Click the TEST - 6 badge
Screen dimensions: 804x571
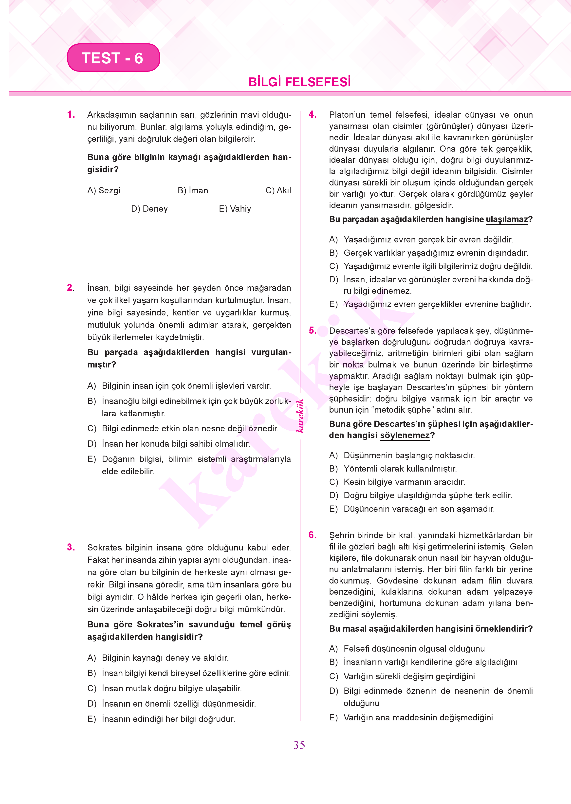tap(113, 58)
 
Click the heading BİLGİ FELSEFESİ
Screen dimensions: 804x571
tap(300, 82)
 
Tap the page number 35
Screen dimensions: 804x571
tap(299, 745)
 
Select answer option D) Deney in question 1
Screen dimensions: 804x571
tap(149, 209)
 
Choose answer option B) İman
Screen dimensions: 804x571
tap(193, 191)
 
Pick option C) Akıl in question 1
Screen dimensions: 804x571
tap(278, 191)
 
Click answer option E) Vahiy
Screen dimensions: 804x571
tap(235, 209)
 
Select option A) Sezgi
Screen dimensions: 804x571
tap(104, 191)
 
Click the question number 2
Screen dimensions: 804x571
tap(70, 288)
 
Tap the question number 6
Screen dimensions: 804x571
tap(312, 535)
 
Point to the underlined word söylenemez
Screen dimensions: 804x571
tap(405, 435)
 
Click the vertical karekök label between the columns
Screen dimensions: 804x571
tap(300, 416)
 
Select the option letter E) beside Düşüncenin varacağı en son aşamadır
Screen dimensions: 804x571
tap(333, 509)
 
